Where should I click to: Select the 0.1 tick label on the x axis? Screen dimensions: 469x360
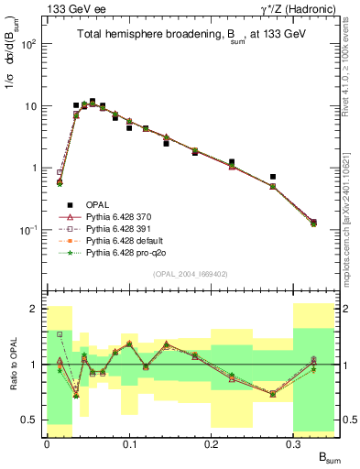pyautogui.click(x=129, y=443)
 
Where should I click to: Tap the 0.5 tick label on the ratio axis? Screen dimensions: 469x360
pyautogui.click(x=29, y=420)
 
